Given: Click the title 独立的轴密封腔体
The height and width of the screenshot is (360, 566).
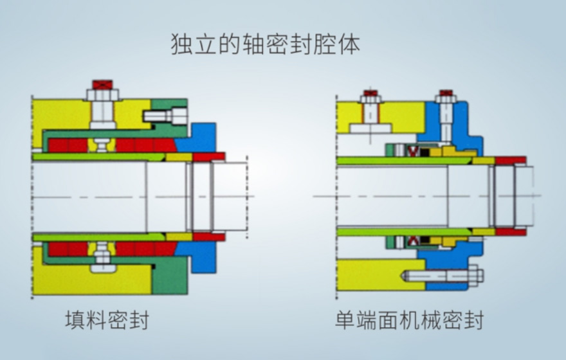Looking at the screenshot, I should click(265, 44).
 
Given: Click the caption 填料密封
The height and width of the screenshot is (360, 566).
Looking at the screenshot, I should click(107, 319).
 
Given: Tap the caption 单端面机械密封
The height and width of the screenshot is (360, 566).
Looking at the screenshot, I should click(409, 319).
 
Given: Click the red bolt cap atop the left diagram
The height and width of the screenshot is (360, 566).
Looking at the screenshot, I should click(102, 84).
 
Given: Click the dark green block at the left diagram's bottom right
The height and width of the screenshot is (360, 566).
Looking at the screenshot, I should click(170, 276).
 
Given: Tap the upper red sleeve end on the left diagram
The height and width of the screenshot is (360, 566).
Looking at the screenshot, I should click(208, 156).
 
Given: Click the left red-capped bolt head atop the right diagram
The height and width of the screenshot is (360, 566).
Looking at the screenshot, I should click(370, 94).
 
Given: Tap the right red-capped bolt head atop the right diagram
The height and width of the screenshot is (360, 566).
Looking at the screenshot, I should click(446, 94).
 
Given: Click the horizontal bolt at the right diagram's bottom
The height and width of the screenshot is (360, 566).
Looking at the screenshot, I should click(444, 275).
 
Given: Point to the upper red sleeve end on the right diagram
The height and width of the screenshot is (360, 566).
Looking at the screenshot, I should click(510, 159).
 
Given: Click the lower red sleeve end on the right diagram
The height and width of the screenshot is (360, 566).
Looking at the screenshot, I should click(510, 231).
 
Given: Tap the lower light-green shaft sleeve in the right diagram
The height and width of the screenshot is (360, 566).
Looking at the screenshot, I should click(412, 231).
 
